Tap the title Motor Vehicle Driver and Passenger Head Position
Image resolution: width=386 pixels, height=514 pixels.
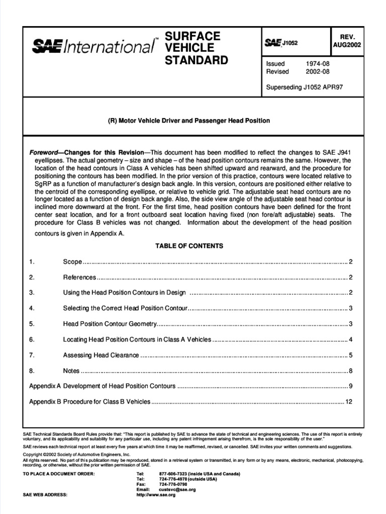pos(189,121)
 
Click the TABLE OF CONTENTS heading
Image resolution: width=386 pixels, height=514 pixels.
pos(189,246)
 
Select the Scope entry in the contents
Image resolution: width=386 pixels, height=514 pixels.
pos(72,262)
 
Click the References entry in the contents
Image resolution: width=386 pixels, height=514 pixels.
pos(79,277)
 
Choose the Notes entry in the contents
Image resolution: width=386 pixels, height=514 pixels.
pos(71,371)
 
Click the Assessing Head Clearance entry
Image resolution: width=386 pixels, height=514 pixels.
pos(101,355)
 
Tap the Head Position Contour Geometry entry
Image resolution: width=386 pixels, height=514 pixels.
pos(110,324)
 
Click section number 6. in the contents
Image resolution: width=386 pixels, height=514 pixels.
pos(32,339)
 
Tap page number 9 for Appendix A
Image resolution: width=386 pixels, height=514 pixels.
pos(351,386)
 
